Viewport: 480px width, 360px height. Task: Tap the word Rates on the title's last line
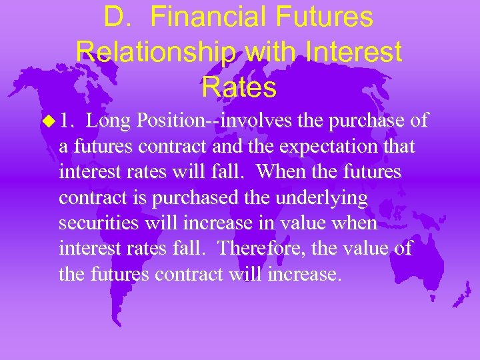tap(239, 86)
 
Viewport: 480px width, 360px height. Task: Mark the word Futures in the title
tap(329, 17)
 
